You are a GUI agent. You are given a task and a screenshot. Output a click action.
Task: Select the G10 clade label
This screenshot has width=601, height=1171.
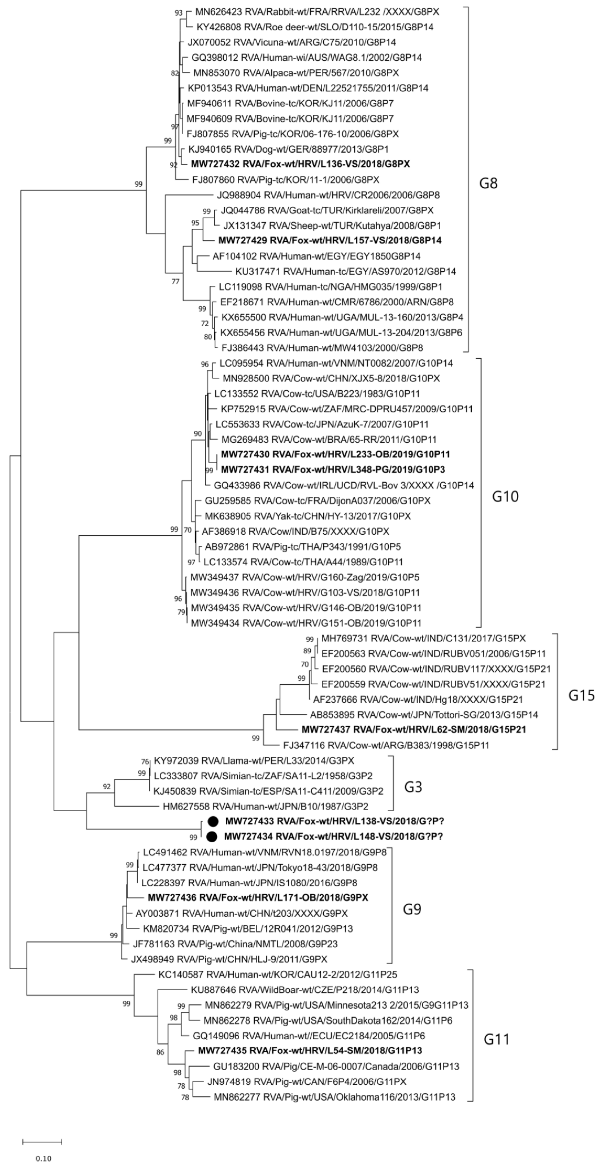pyautogui.click(x=505, y=496)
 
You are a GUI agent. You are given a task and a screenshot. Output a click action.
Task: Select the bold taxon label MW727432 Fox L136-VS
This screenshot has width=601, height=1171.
pyautogui.click(x=301, y=164)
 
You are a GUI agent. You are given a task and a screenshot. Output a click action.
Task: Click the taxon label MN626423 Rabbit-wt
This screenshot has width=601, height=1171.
pyautogui.click(x=317, y=12)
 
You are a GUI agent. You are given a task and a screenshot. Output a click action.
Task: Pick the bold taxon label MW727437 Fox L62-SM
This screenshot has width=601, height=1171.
pyautogui.click(x=414, y=730)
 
